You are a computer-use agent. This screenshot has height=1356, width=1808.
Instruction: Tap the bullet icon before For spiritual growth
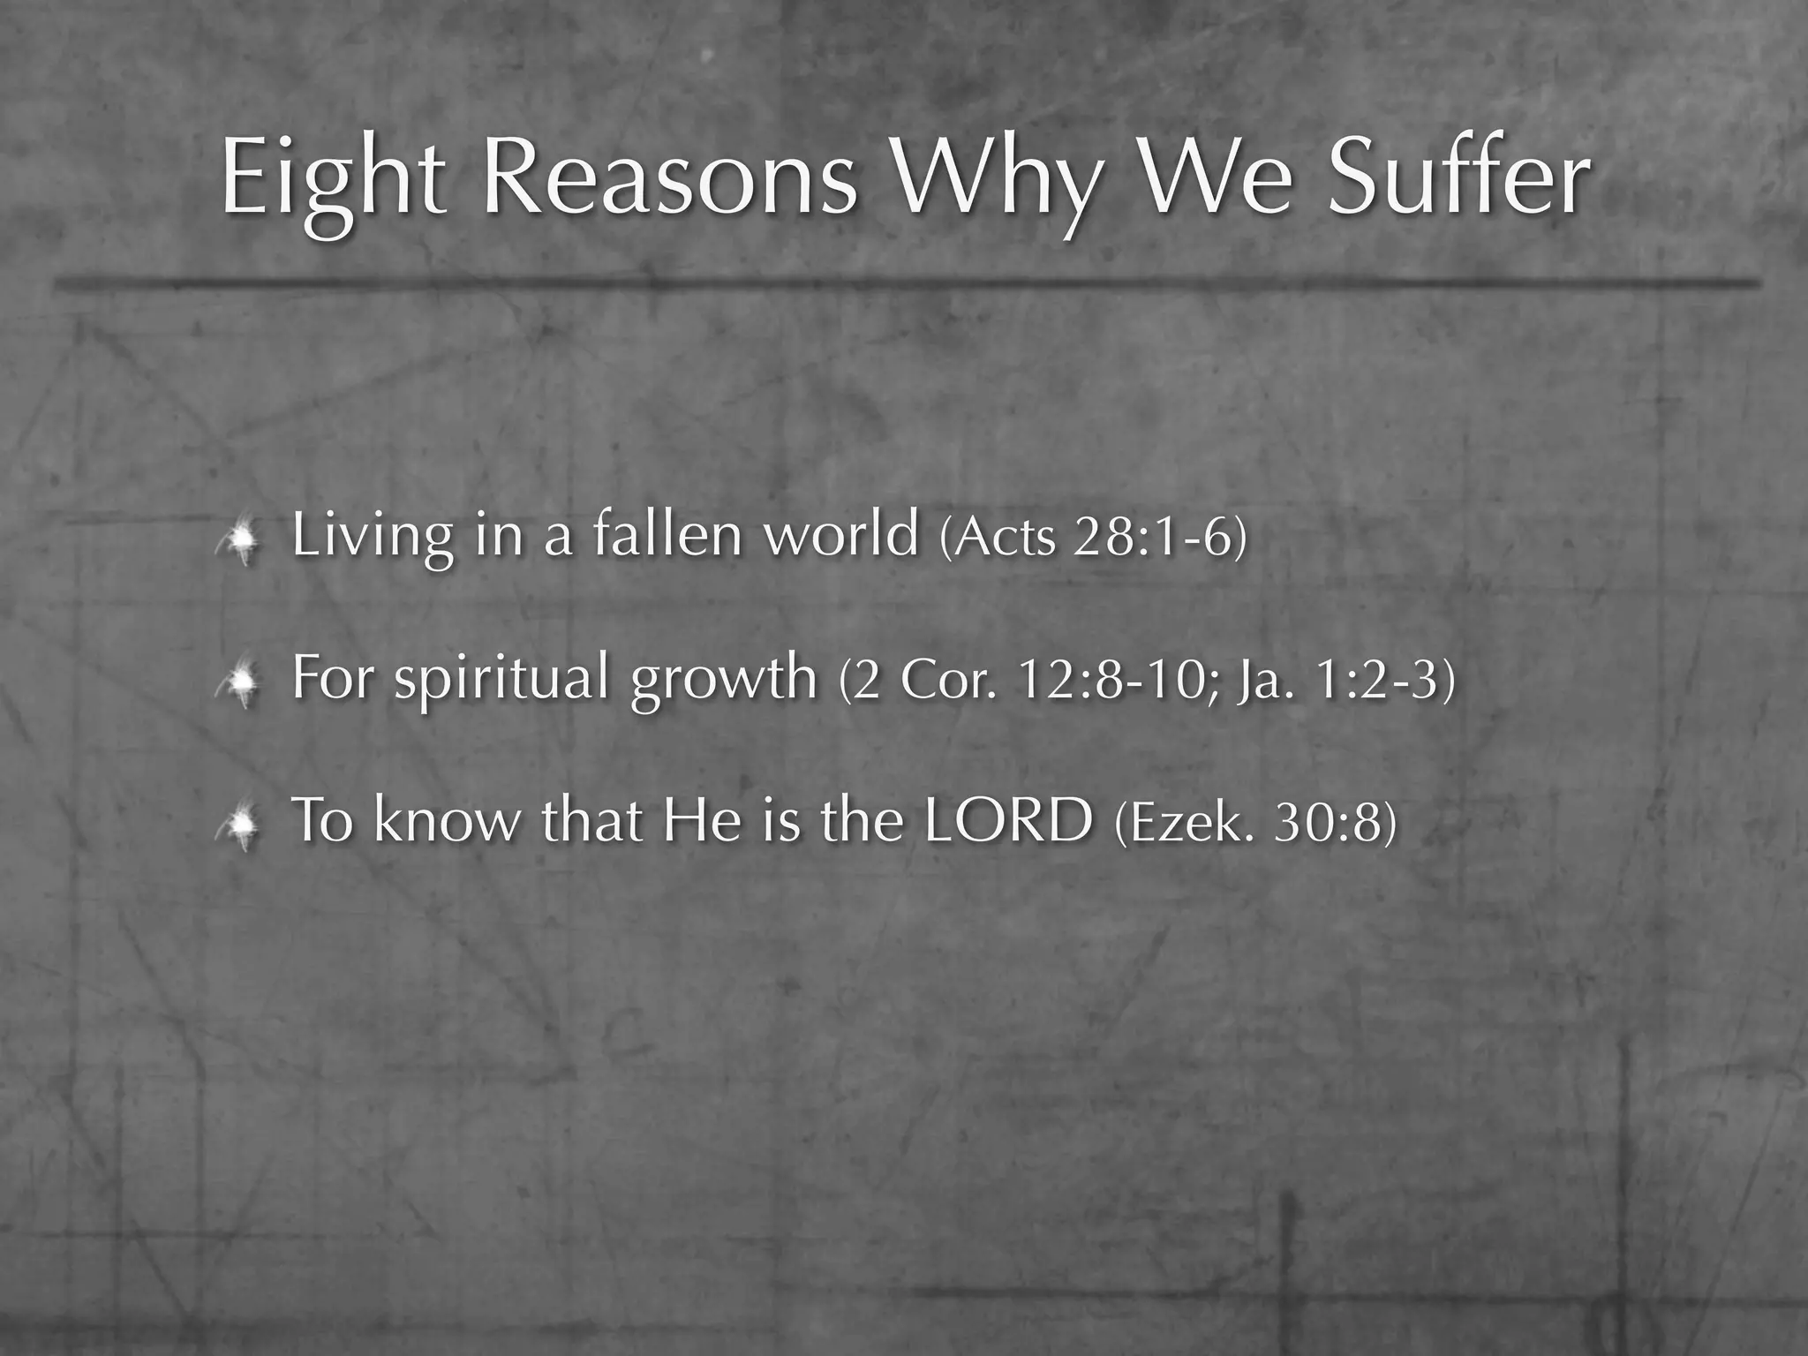click(x=240, y=683)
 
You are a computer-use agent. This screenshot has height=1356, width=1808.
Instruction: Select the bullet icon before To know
click(x=240, y=826)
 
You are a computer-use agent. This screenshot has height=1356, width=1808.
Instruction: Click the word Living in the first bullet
click(x=372, y=536)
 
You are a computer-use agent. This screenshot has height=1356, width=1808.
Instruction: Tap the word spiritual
click(x=501, y=679)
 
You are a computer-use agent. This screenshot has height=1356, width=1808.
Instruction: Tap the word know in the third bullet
click(x=448, y=820)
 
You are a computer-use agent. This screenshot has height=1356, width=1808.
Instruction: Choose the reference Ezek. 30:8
click(x=1256, y=824)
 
